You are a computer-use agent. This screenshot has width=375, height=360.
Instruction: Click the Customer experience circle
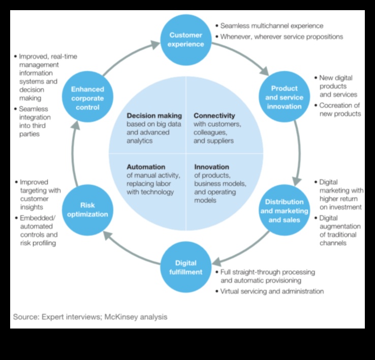click(185, 40)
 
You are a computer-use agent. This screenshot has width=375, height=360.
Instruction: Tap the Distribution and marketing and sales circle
click(284, 211)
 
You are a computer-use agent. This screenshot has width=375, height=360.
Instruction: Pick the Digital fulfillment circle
click(185, 268)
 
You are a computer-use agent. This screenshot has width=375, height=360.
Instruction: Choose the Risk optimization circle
click(87, 210)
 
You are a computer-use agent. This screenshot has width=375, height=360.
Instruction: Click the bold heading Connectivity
click(214, 116)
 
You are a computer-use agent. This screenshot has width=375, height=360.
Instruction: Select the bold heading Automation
click(146, 167)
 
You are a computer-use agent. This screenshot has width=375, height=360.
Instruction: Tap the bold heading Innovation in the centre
click(211, 167)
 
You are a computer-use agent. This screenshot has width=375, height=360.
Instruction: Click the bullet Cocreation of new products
click(340, 109)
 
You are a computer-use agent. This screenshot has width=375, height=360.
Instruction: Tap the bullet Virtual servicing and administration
click(272, 291)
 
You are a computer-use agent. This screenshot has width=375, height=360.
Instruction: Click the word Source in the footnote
click(26, 317)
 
